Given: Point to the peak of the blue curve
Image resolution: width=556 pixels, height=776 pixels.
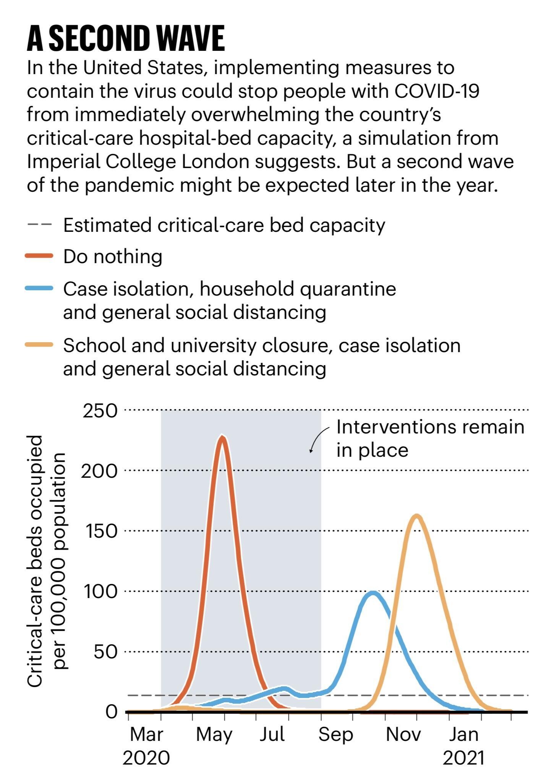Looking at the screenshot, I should pyautogui.click(x=373, y=593).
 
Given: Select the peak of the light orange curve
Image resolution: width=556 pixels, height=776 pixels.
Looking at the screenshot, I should pyautogui.click(x=417, y=516).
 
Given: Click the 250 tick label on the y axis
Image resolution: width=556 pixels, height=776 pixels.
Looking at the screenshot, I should pyautogui.click(x=100, y=411).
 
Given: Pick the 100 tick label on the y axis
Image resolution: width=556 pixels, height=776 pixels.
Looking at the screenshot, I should pyautogui.click(x=100, y=592).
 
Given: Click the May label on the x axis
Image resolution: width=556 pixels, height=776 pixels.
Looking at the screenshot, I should pyautogui.click(x=214, y=734).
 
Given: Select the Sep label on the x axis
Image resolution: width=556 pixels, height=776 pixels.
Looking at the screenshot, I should pyautogui.click(x=336, y=734).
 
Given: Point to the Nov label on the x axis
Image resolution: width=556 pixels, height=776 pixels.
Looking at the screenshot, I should pyautogui.click(x=403, y=734).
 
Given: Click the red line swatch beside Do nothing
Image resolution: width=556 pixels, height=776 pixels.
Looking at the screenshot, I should pyautogui.click(x=39, y=256).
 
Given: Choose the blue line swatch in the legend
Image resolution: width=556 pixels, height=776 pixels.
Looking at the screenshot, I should pyautogui.click(x=39, y=289).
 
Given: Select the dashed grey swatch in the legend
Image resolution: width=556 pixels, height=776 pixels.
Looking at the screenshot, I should pyautogui.click(x=39, y=225).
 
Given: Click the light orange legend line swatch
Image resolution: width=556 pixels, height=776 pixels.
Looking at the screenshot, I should pyautogui.click(x=39, y=345).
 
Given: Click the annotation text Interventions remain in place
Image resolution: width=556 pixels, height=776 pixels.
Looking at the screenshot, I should pyautogui.click(x=430, y=438).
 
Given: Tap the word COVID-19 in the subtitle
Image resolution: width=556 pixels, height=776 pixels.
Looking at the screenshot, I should pyautogui.click(x=436, y=91).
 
